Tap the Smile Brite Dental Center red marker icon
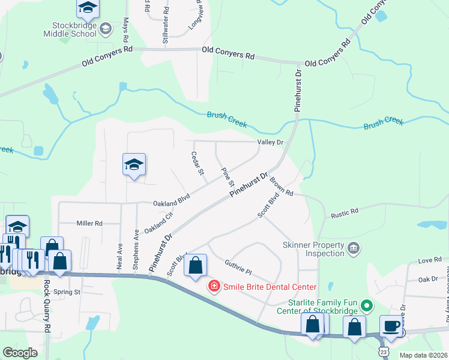(213, 286)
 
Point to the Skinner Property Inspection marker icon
(354, 248)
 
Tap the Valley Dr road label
(270, 142)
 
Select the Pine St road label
(227, 178)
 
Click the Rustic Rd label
(345, 211)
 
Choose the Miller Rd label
(89, 223)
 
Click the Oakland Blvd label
(171, 203)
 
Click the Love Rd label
(430, 260)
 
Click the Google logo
(20, 353)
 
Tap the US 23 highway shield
(384, 350)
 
